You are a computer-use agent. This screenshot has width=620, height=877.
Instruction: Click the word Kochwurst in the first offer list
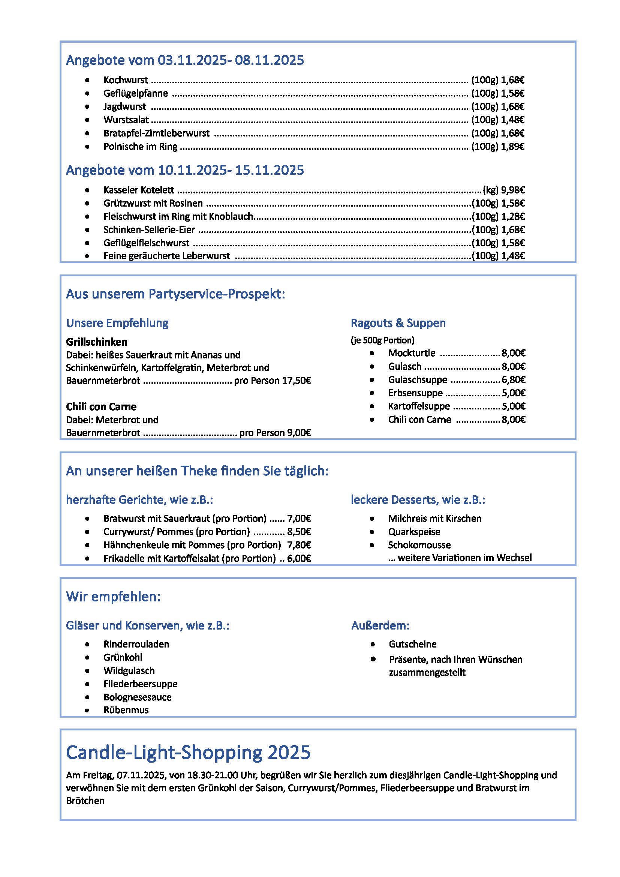pyautogui.click(x=126, y=80)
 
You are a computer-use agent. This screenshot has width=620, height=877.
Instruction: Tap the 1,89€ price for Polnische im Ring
pyautogui.click(x=513, y=147)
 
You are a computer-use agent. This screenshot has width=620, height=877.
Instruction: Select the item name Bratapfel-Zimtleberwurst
pyautogui.click(x=157, y=133)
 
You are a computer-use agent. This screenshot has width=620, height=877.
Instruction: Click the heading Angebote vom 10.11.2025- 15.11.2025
pyautogui.click(x=185, y=170)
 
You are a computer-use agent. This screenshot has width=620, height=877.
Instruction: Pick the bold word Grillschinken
pyautogui.click(x=97, y=342)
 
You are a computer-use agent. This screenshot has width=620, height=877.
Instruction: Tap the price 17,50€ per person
pyautogui.click(x=296, y=381)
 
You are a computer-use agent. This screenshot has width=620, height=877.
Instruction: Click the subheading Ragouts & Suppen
pyautogui.click(x=398, y=323)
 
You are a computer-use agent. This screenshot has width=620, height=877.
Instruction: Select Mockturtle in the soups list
pyautogui.click(x=412, y=353)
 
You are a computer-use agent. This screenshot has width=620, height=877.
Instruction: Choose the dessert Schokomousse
pyautogui.click(x=419, y=545)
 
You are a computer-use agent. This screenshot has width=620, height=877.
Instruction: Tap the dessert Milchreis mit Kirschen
pyautogui.click(x=435, y=519)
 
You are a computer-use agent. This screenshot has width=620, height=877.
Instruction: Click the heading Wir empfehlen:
pyautogui.click(x=113, y=597)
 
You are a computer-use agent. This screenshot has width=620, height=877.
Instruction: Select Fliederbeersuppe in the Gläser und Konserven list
pyautogui.click(x=141, y=684)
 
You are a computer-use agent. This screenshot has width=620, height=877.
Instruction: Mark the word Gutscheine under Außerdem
pyautogui.click(x=413, y=645)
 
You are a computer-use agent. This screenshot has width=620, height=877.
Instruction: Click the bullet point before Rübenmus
pyautogui.click(x=87, y=711)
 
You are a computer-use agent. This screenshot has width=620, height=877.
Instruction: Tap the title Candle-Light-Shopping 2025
pyautogui.click(x=188, y=753)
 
